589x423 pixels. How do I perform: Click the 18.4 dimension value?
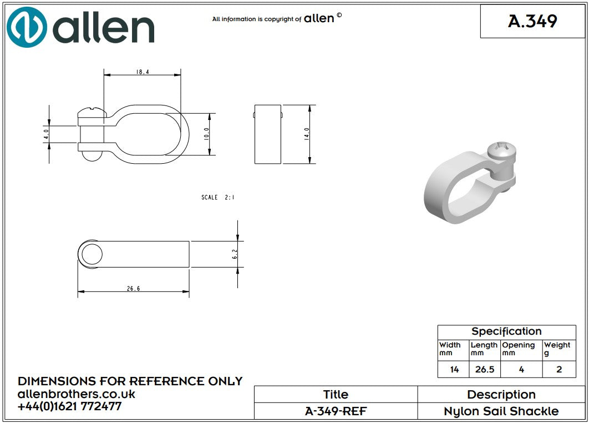pos(143,72)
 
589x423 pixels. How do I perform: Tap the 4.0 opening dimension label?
pos(46,134)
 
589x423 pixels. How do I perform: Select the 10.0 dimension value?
pos(206,134)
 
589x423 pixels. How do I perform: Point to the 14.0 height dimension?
pos(307,134)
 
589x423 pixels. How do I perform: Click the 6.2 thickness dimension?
pos(235,254)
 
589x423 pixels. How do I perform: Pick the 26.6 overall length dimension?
pos(133,289)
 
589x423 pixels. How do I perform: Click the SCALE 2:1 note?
pos(218,198)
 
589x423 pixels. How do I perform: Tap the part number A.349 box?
pos(532,21)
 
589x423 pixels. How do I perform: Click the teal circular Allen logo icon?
pos(27,27)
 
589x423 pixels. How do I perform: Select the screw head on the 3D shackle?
pos(501,151)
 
